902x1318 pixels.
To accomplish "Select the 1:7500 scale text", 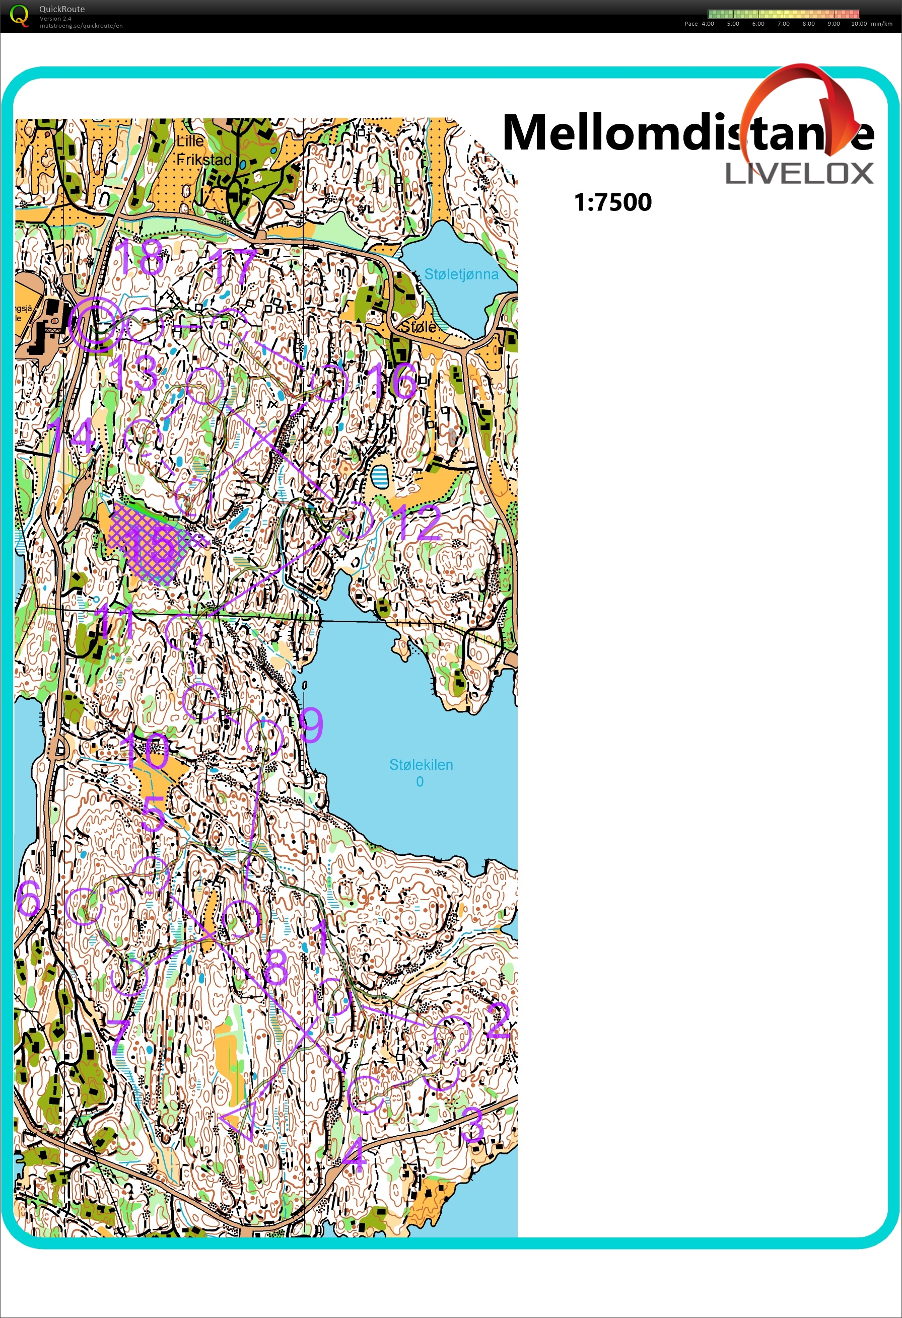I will pyautogui.click(x=613, y=202).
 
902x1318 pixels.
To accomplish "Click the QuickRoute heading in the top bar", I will pyautogui.click(x=62, y=9).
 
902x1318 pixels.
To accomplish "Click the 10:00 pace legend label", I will pyautogui.click(x=858, y=24).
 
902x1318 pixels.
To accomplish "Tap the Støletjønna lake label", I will pyautogui.click(x=461, y=274).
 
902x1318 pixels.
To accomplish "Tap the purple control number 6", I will pyautogui.click(x=28, y=898).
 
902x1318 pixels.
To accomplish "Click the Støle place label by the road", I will pyautogui.click(x=418, y=327).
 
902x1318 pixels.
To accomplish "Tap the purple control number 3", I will pyautogui.click(x=472, y=1124).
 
